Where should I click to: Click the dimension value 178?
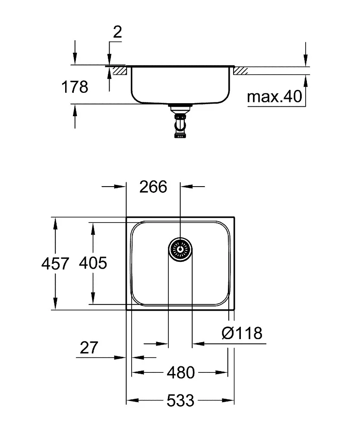click(75, 87)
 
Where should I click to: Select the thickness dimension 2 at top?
click(117, 32)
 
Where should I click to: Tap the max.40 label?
click(275, 97)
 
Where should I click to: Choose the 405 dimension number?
click(93, 263)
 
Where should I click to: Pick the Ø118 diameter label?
click(242, 333)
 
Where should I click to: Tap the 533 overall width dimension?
click(180, 401)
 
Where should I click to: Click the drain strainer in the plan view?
click(180, 249)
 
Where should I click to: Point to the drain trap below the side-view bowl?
click(179, 123)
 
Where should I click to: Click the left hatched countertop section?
click(118, 70)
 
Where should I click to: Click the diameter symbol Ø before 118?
click(227, 333)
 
